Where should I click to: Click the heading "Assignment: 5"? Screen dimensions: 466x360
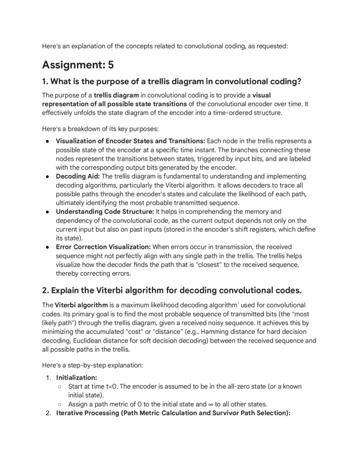click(78, 65)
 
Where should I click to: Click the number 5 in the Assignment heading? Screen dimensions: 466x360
click(111, 65)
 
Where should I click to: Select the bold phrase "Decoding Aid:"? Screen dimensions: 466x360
click(78, 176)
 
